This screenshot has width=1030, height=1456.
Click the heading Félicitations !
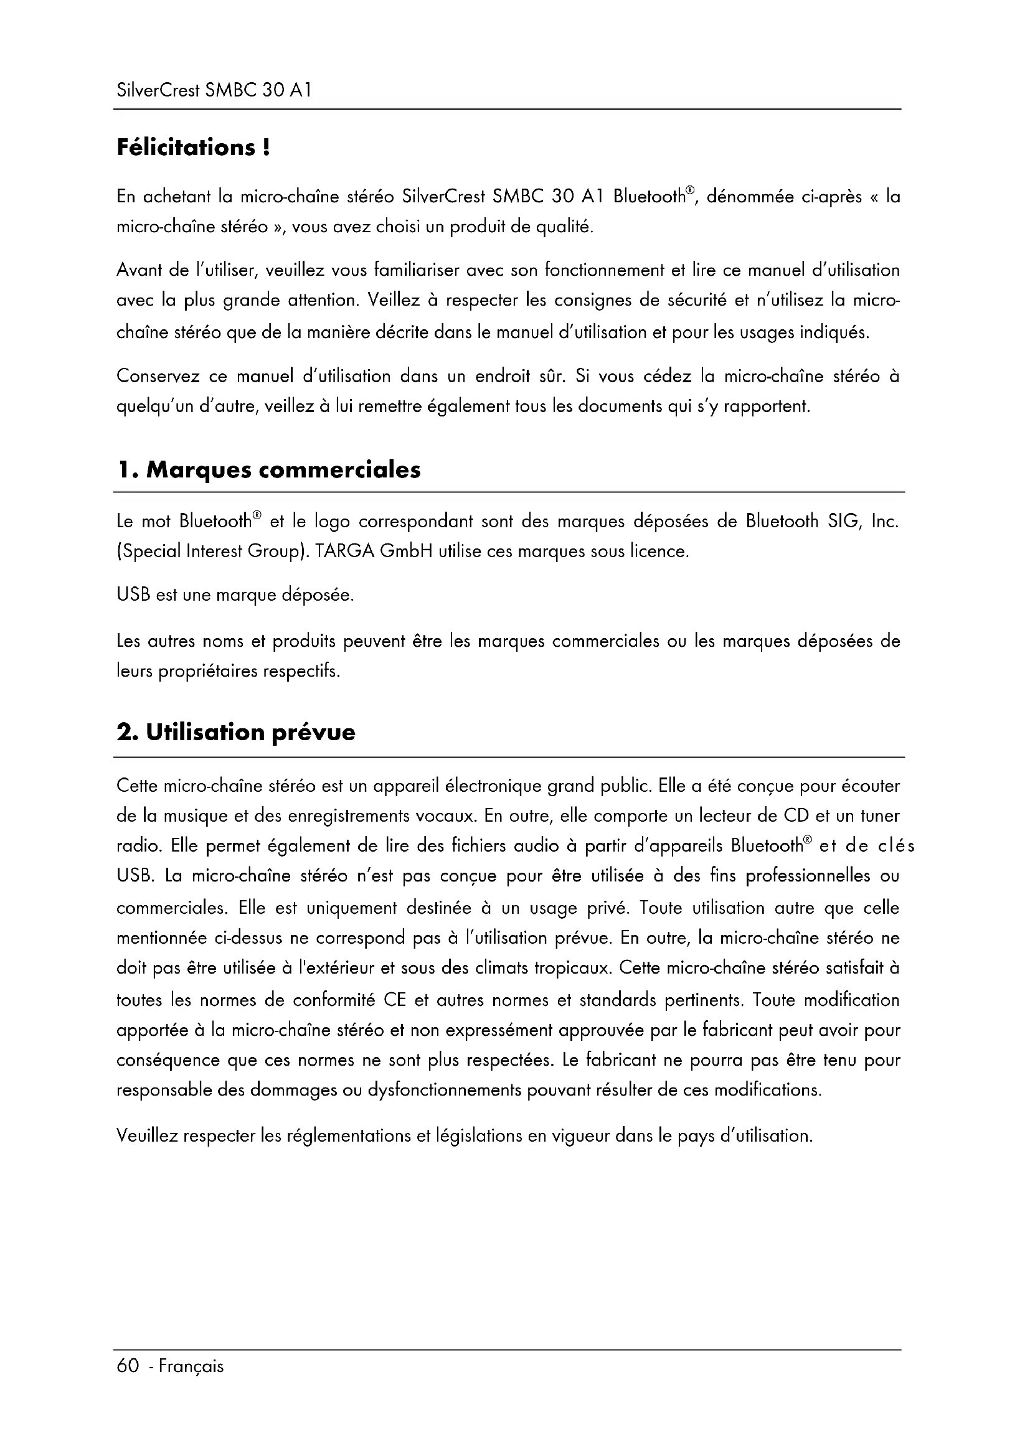pyautogui.click(x=194, y=148)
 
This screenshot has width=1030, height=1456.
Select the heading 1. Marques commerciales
pyautogui.click(x=269, y=470)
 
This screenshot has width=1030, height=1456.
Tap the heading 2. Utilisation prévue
pyautogui.click(x=236, y=733)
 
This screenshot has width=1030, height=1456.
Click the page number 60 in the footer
pyautogui.click(x=128, y=1365)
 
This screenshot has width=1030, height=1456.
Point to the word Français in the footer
pyautogui.click(x=191, y=1366)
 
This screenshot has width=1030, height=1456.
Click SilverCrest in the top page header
pyautogui.click(x=158, y=91)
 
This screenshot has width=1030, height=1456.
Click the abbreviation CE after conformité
pyautogui.click(x=394, y=1000)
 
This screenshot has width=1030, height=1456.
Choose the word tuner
pyautogui.click(x=881, y=815)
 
